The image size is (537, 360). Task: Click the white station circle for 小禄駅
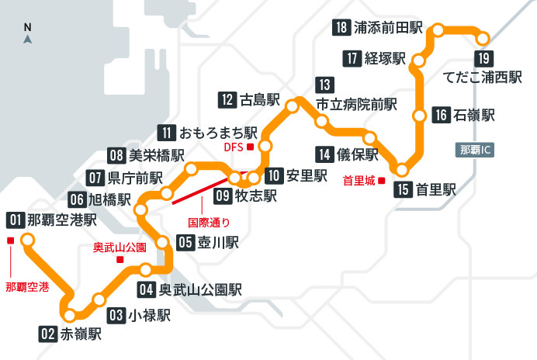(99, 300)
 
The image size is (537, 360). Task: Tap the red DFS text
(234, 146)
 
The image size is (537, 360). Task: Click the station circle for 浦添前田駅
(438, 30)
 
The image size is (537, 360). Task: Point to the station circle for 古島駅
(293, 106)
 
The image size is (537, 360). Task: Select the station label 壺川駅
(218, 242)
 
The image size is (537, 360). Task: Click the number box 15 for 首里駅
(401, 189)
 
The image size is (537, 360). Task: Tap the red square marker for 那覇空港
(10, 241)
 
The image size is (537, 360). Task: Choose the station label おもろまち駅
(218, 131)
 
